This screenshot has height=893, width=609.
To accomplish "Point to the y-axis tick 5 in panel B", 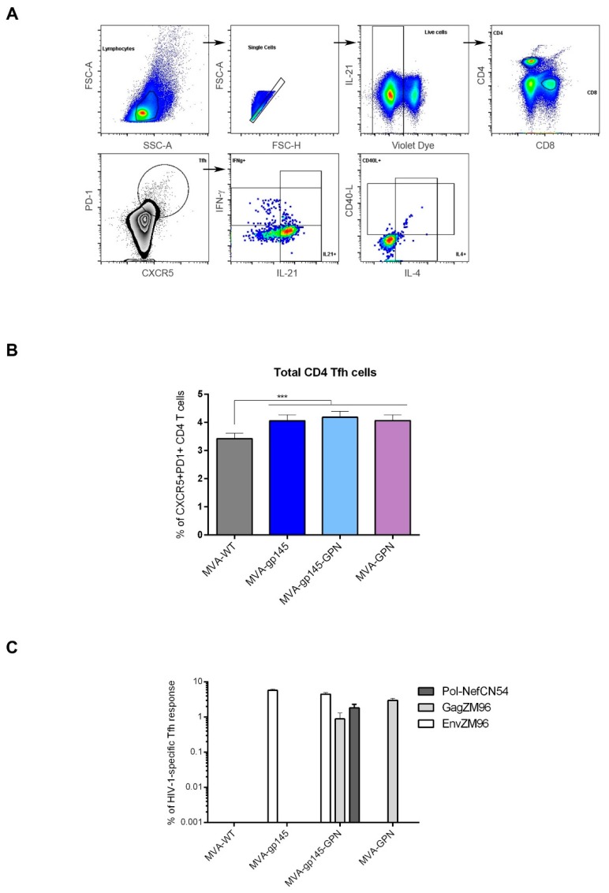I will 202,394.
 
